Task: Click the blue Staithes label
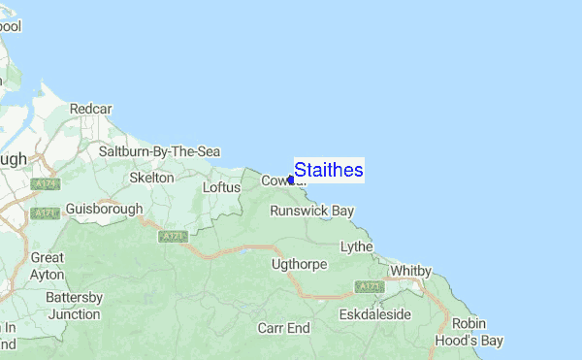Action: pos(329,171)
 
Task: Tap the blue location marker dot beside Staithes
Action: pos(291,180)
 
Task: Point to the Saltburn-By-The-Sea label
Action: pos(160,151)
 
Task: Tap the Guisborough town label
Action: pos(104,209)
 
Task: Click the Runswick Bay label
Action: pos(312,210)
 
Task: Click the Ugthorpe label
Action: pos(301,264)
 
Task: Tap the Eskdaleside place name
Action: pos(375,315)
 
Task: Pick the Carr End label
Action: pos(283,328)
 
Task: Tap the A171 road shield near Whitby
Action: pos(368,286)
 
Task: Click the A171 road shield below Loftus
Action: pos(172,236)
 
